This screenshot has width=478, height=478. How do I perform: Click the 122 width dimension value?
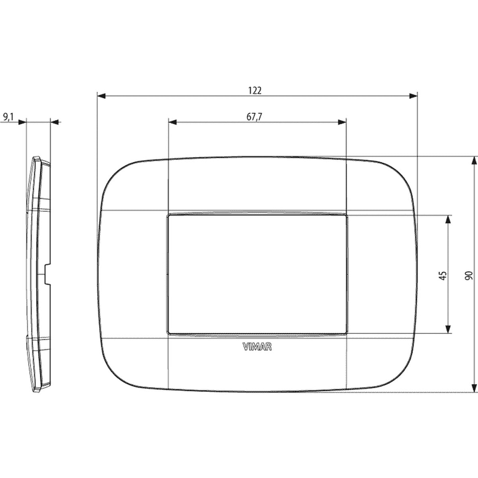pyautogui.click(x=255, y=91)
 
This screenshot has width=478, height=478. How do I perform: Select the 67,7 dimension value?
pyautogui.click(x=254, y=117)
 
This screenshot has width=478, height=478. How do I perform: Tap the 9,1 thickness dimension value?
pyautogui.click(x=8, y=117)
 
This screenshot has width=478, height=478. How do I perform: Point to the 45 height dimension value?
pyautogui.click(x=443, y=276)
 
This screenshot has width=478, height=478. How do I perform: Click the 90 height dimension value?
pyautogui.click(x=468, y=276)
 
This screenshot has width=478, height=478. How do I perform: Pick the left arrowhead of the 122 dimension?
pyautogui.click(x=102, y=96)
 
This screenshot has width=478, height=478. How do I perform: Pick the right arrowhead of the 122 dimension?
pyautogui.click(x=413, y=96)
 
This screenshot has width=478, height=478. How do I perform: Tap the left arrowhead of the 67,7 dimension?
pyautogui.click(x=172, y=122)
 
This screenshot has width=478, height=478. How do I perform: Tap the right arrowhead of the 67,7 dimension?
pyautogui.click(x=342, y=122)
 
